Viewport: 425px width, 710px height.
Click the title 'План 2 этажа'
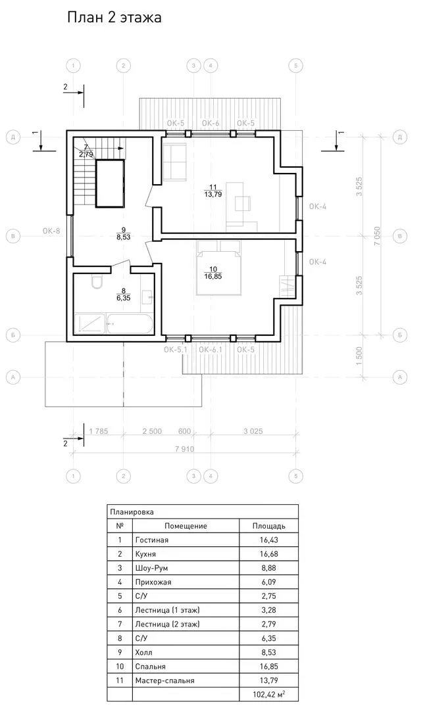pos(114,18)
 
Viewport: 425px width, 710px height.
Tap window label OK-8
pos(51,231)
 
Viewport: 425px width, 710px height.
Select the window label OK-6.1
pos(211,349)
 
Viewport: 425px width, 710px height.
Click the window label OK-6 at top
pos(211,123)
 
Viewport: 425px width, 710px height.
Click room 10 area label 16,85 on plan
pos(213,277)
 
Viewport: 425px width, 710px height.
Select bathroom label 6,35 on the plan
pos(123,298)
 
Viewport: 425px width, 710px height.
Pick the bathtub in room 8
pos(129,323)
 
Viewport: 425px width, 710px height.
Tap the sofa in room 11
pos(175,161)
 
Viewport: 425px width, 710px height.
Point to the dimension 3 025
pos(253,431)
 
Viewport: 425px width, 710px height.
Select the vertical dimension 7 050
pos(377,235)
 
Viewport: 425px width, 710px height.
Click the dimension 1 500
pos(359,356)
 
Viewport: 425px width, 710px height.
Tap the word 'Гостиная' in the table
pos(152,540)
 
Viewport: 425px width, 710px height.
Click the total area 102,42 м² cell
pos(269,694)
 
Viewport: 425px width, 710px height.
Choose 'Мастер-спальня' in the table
pos(164,680)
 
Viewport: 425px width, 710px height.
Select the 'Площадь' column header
pos(268,526)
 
